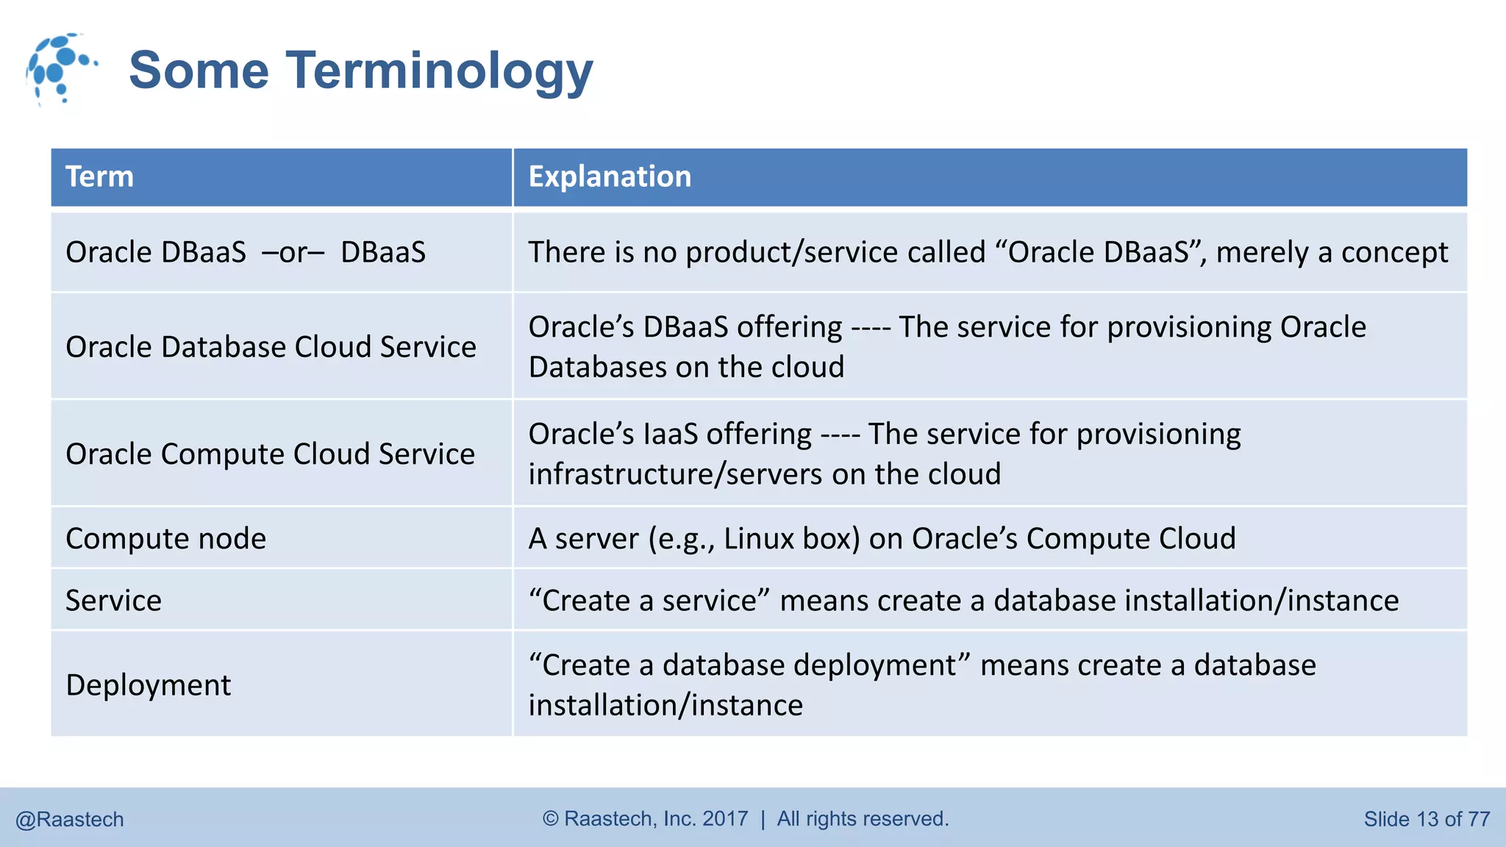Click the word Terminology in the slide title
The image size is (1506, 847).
(439, 71)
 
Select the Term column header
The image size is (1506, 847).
(100, 176)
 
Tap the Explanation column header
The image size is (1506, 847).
(610, 176)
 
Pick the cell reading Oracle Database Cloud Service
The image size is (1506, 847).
(271, 346)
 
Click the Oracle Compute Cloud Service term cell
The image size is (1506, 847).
(270, 454)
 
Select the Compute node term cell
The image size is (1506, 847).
(165, 538)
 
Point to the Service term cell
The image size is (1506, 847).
(113, 600)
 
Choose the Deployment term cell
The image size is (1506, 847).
(148, 685)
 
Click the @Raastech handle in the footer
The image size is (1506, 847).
(70, 819)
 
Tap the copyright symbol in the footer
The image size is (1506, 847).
(551, 818)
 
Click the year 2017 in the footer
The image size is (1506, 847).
(725, 818)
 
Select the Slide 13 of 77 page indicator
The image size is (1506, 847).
(1426, 819)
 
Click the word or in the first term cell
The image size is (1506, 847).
(293, 252)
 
